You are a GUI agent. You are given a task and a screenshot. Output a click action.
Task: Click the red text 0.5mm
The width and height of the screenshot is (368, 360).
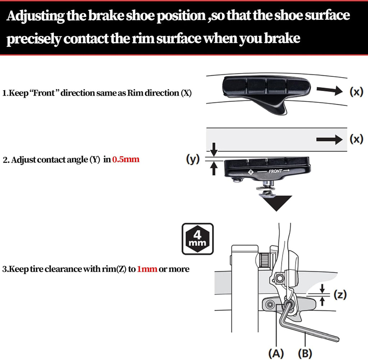pos(125,159)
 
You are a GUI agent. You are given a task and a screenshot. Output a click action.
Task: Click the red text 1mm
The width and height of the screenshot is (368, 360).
pos(147,269)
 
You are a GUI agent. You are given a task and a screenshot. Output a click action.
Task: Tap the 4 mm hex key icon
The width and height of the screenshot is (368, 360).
pos(197,239)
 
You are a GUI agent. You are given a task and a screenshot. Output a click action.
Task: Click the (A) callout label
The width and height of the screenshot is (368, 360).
pos(276,352)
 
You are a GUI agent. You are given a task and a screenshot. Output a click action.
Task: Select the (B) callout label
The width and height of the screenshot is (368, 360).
pos(305,352)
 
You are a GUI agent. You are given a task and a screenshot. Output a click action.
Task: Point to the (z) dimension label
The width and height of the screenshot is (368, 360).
pos(339,295)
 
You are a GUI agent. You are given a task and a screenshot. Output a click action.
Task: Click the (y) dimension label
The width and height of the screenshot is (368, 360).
pos(193,159)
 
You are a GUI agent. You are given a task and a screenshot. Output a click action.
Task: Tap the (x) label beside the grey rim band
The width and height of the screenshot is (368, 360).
pos(356,139)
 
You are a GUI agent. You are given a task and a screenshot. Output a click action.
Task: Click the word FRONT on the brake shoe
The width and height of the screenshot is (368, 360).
pos(276,171)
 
